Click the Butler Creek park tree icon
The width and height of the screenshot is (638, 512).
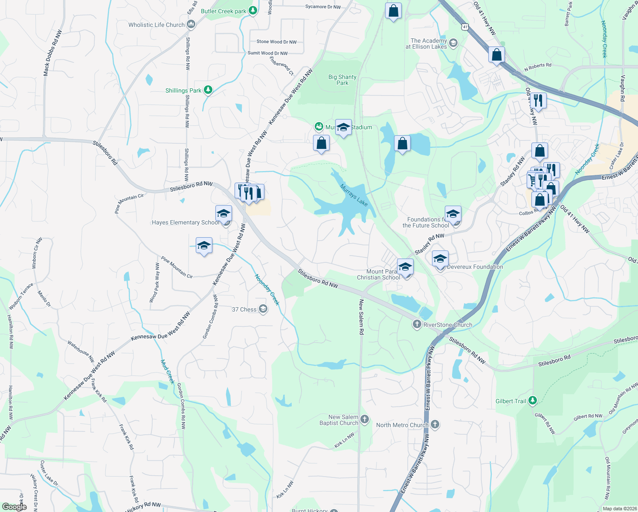[x=253, y=10]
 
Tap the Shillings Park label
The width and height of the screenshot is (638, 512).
[x=183, y=90]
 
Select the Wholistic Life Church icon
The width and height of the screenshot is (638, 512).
[x=191, y=24]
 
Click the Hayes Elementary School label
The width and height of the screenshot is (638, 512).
[x=186, y=222]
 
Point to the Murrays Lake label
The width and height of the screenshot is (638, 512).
[x=354, y=195]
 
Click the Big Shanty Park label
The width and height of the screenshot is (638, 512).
[x=342, y=80]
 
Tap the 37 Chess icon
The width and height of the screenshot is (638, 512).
[x=263, y=309]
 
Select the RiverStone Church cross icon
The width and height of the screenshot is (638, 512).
[x=417, y=324]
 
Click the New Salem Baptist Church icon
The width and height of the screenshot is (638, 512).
[x=364, y=419]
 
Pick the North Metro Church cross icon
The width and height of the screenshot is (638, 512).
[x=435, y=424]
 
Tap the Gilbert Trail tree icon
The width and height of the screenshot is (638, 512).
[x=532, y=400]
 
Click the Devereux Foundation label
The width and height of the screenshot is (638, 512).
[x=475, y=267]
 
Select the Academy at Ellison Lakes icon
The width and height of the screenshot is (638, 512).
[x=453, y=43]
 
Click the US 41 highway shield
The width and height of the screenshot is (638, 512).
[x=465, y=26]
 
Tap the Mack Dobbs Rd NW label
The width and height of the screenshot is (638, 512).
[x=52, y=53]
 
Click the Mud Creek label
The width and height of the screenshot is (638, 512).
[x=168, y=372]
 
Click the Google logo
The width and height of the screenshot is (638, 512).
[x=14, y=507]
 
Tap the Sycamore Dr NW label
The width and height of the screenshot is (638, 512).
[x=323, y=7]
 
